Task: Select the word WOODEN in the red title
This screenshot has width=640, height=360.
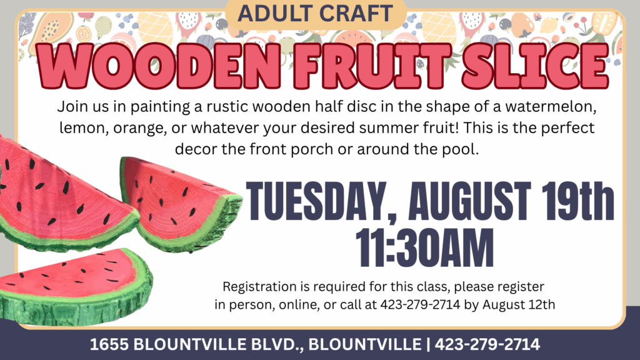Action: click(159, 66)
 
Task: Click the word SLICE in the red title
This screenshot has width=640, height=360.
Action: click(535, 66)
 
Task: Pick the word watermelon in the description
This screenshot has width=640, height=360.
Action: click(551, 106)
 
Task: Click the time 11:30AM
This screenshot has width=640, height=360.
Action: click(424, 247)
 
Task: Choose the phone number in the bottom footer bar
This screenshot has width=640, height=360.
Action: click(487, 344)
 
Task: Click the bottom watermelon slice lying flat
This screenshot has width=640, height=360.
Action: click(76, 287)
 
